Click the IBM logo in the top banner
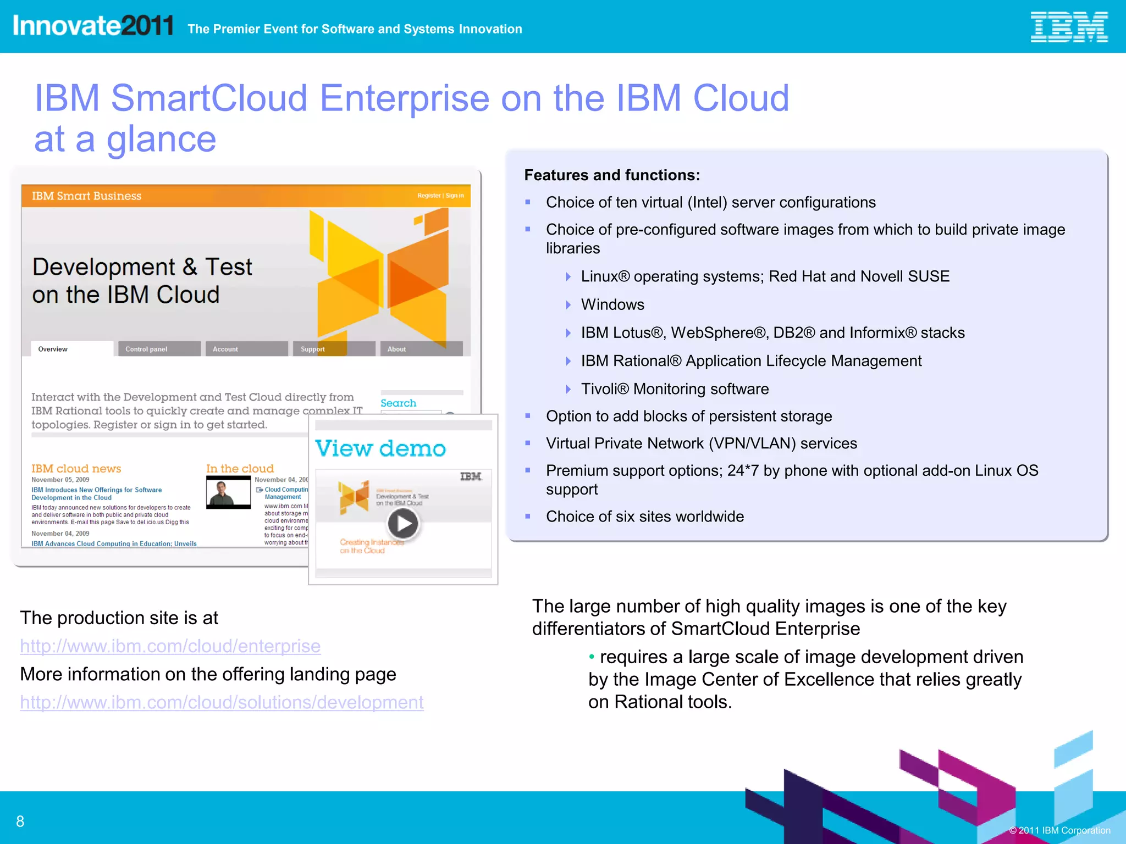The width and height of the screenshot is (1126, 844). coord(1068,27)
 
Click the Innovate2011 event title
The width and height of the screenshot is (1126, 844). coord(93,26)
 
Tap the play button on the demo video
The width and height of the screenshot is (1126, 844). coord(403,524)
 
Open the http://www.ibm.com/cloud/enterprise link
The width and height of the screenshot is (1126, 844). coord(170,646)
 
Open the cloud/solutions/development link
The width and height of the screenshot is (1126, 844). coord(222,702)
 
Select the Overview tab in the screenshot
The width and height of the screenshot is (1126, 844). coord(53,349)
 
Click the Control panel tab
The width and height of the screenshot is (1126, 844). coord(147,349)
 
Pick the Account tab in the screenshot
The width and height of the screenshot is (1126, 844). coord(225,349)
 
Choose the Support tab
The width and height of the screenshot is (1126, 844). coord(313,349)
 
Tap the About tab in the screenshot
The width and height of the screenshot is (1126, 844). coord(396,349)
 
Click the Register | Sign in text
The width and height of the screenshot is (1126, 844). coord(440,196)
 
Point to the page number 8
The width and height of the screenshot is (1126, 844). coord(20,821)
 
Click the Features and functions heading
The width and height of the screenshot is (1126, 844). coord(612,175)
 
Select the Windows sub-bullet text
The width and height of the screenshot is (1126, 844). coord(612,304)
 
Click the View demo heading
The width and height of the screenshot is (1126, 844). coord(380,449)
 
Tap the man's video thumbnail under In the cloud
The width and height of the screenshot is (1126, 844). coord(228,492)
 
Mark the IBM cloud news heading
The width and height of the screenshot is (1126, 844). coord(76,469)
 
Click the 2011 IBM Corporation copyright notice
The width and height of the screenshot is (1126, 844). coord(1059,830)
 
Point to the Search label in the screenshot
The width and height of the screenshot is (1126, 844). coord(398,403)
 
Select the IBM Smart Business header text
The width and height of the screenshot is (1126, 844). coord(86,196)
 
